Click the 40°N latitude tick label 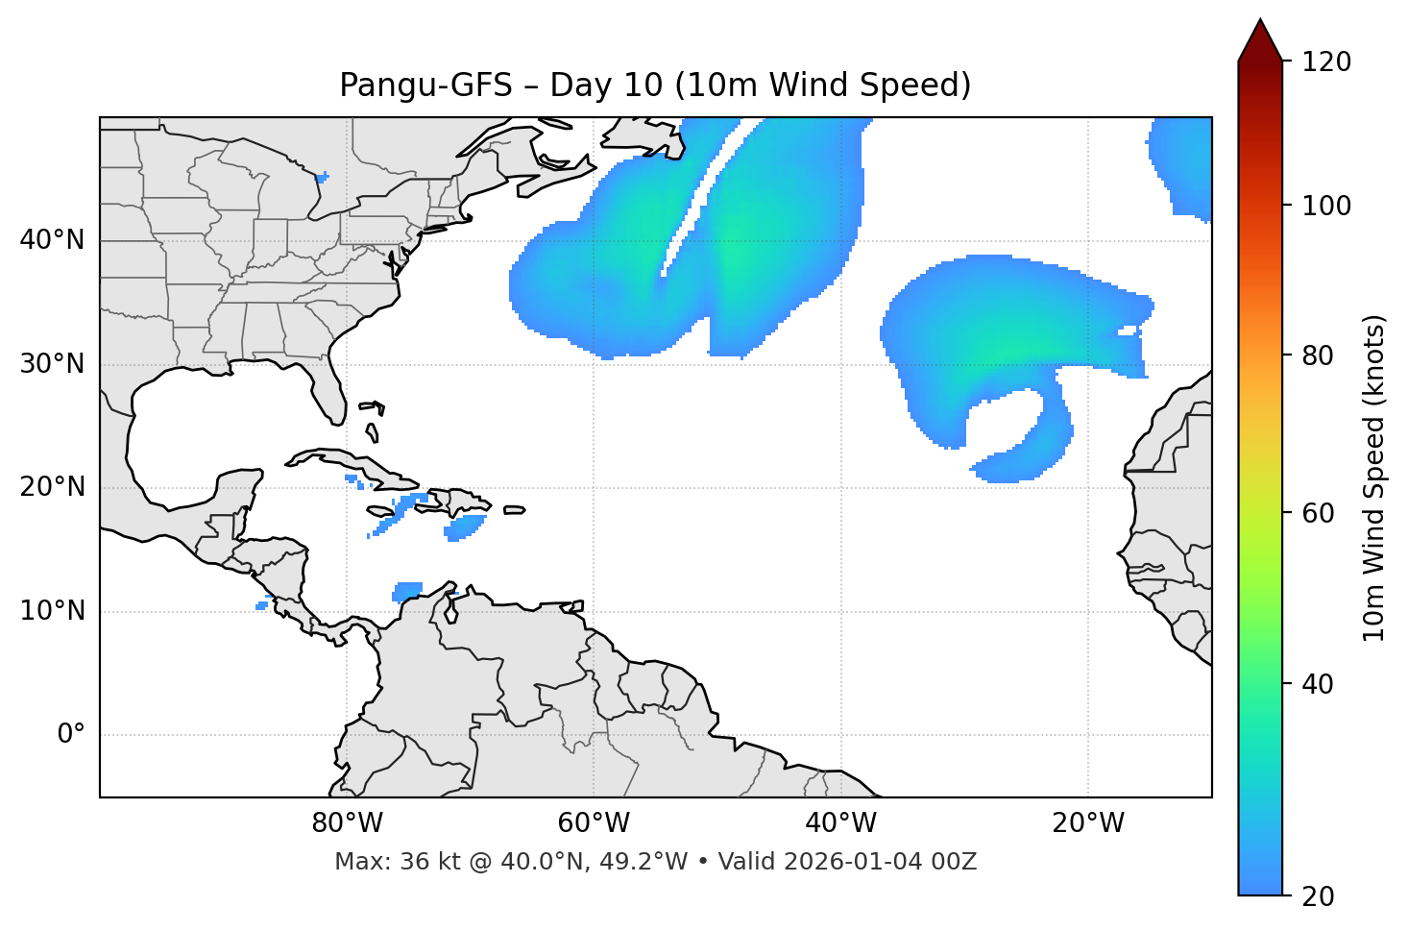coord(52,240)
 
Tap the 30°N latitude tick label coord(52,364)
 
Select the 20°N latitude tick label coord(52,487)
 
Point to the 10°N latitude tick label coord(52,611)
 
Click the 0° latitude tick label coord(71,735)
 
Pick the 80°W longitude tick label coord(347,823)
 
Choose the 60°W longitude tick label coord(594,823)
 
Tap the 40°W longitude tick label coord(840,823)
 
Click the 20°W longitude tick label coord(1088,823)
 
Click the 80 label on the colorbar coord(1322,356)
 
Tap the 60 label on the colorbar coord(1322,513)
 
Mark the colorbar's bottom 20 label coord(1322,896)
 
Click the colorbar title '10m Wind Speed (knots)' coord(1374,478)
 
